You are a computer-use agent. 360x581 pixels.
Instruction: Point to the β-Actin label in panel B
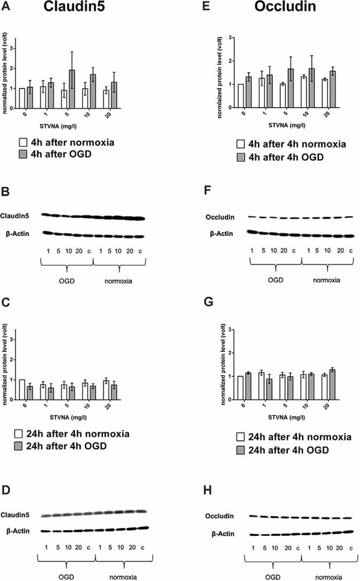23,234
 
